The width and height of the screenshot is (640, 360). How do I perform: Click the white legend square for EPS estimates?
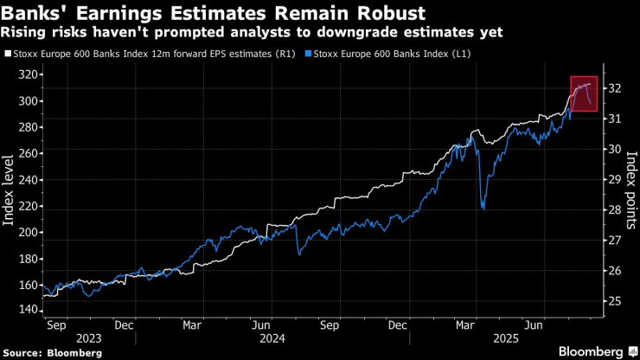[8, 54]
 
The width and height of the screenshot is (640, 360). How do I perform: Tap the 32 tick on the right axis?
[615, 88]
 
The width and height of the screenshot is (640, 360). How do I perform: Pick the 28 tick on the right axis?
[615, 209]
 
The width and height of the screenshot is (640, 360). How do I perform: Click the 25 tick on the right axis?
[615, 301]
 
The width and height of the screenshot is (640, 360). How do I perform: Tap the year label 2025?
[507, 338]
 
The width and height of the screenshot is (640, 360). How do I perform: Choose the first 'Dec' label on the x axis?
[124, 325]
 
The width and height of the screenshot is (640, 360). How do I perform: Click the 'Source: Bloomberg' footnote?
[52, 353]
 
